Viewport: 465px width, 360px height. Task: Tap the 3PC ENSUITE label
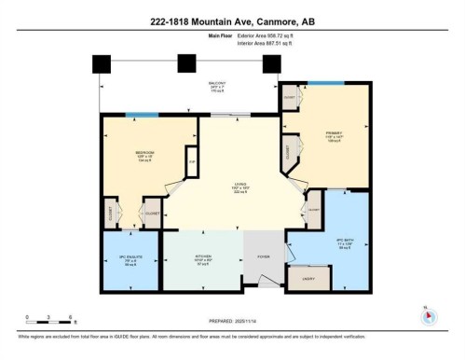(x=118, y=258)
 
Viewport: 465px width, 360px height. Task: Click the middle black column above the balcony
(x=186, y=62)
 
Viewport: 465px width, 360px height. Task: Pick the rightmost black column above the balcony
(x=271, y=63)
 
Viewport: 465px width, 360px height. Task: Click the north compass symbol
(x=428, y=315)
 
